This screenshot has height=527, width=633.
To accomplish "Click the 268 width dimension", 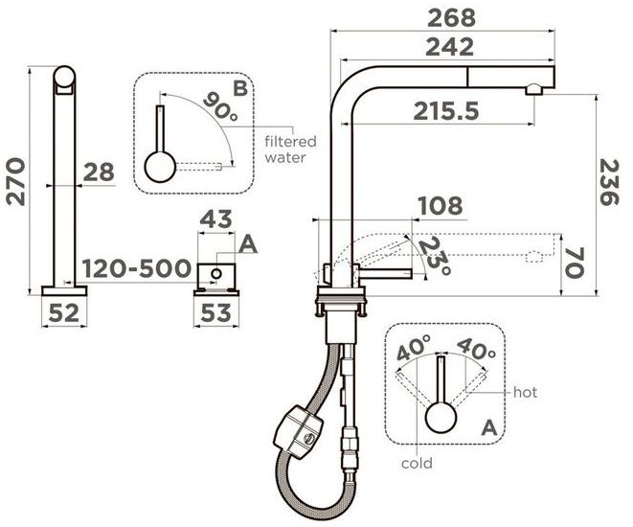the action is pos(451,18).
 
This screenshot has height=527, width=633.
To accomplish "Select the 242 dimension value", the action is pos(450,47).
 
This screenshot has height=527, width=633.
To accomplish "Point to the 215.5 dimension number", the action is pos(446,111).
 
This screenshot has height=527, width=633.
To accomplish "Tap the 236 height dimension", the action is pos(609,182).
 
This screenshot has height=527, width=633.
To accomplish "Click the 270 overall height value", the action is pos(15,182).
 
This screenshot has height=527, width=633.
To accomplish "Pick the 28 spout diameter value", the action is pos(99,172).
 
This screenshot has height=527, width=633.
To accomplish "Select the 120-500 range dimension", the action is pos(136,268).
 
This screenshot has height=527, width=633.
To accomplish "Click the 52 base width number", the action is pos(64,313).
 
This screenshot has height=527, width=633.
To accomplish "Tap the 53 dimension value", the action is pos(216,313).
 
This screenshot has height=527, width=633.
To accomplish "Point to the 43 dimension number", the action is pos(216,219).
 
